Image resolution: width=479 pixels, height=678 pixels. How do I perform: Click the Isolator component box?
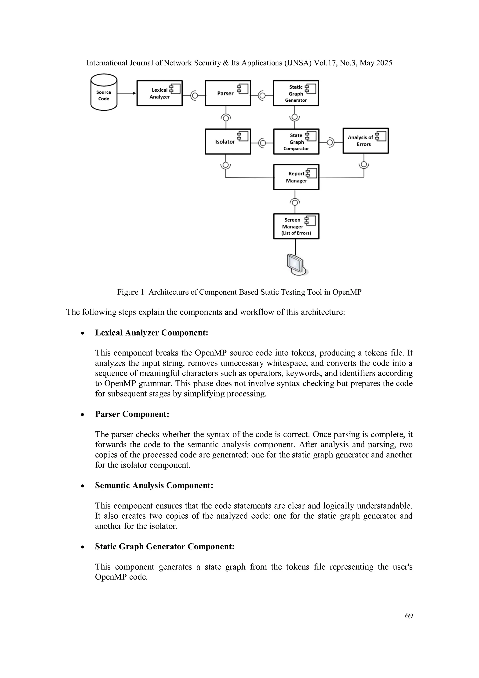tap(228, 142)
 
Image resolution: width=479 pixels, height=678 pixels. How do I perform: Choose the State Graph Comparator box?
tap(296, 142)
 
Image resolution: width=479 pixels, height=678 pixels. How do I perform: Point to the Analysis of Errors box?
tap(365, 141)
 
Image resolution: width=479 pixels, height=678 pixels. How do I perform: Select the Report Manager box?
tap(296, 177)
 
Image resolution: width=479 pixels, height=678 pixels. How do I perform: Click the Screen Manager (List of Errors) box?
tap(296, 227)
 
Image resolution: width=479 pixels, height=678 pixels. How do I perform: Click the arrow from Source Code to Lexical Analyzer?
tap(127, 93)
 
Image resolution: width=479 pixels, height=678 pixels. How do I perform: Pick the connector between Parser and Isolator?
tap(226, 118)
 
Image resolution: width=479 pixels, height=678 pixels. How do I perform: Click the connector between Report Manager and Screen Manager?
tap(295, 202)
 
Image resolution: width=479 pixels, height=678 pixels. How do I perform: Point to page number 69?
tap(409, 616)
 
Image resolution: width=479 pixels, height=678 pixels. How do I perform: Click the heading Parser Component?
tap(132, 414)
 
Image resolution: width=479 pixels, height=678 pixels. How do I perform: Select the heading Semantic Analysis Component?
tap(154, 485)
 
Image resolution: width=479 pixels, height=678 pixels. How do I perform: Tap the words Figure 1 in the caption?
tap(130, 292)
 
